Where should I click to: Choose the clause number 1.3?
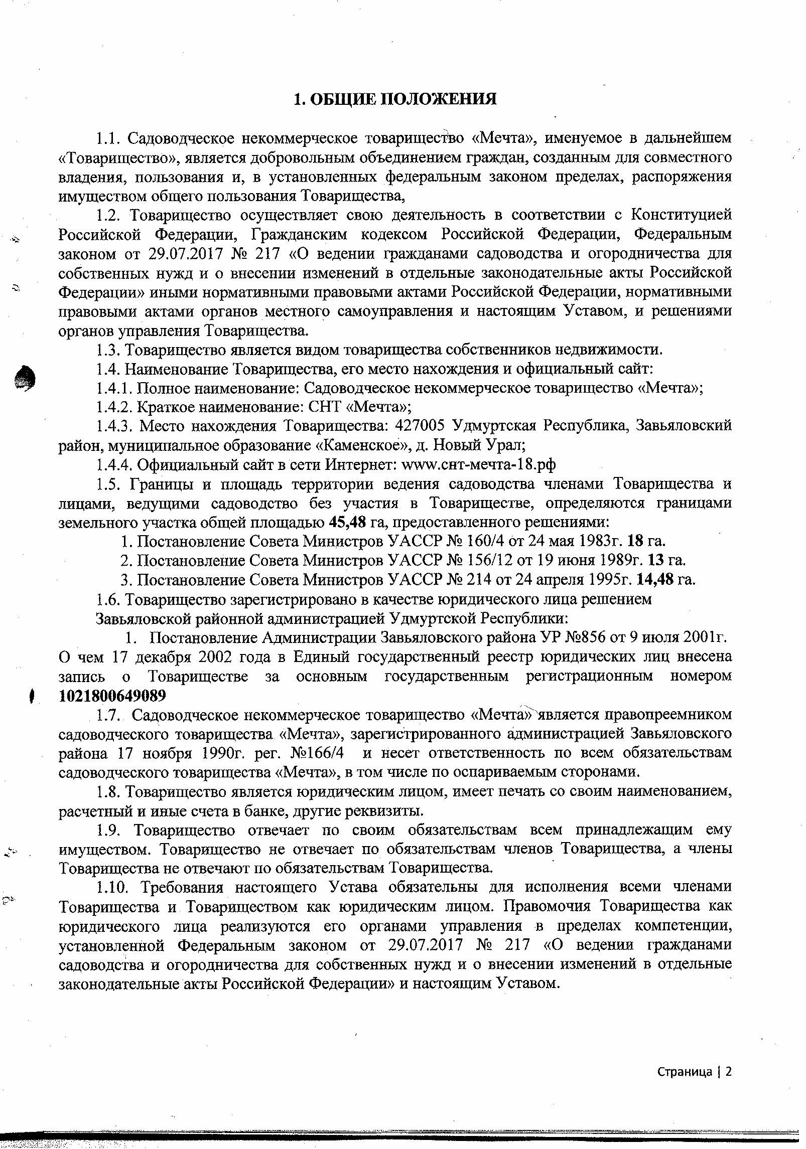click(x=107, y=350)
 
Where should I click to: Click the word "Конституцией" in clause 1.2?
click(x=681, y=215)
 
